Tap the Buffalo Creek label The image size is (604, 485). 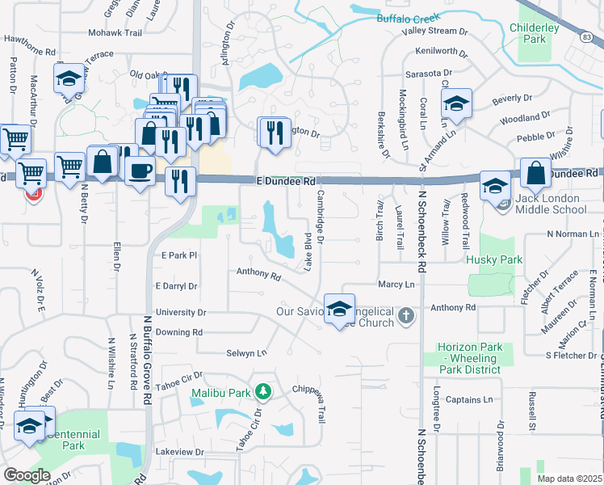tap(409, 18)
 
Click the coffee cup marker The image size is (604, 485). tap(141, 171)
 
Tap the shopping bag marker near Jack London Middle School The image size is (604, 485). tap(535, 172)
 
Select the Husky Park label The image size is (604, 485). tap(495, 260)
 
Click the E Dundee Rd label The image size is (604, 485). tap(286, 182)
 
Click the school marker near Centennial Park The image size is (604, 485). tap(29, 425)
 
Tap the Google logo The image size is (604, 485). tap(27, 475)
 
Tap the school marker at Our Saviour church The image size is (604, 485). tap(339, 307)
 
